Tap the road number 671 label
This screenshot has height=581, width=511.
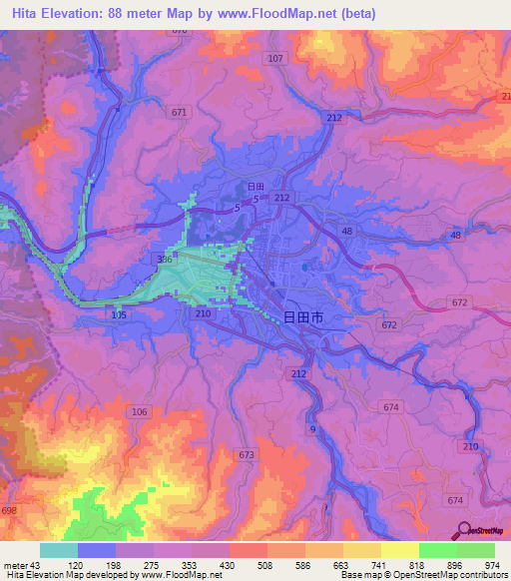(x=179, y=113)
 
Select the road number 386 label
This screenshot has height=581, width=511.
(x=164, y=260)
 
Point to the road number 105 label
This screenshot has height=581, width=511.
(x=120, y=315)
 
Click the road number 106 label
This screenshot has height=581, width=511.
(x=139, y=411)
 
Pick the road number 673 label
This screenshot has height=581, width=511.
(x=247, y=454)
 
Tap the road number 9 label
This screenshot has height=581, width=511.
(x=312, y=428)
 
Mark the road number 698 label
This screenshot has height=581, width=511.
(x=9, y=511)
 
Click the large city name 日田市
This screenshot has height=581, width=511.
(x=303, y=317)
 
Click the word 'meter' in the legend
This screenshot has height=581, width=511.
(x=15, y=565)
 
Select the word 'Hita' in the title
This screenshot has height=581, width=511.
(x=31, y=13)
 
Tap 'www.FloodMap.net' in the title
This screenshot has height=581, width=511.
(x=301, y=13)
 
